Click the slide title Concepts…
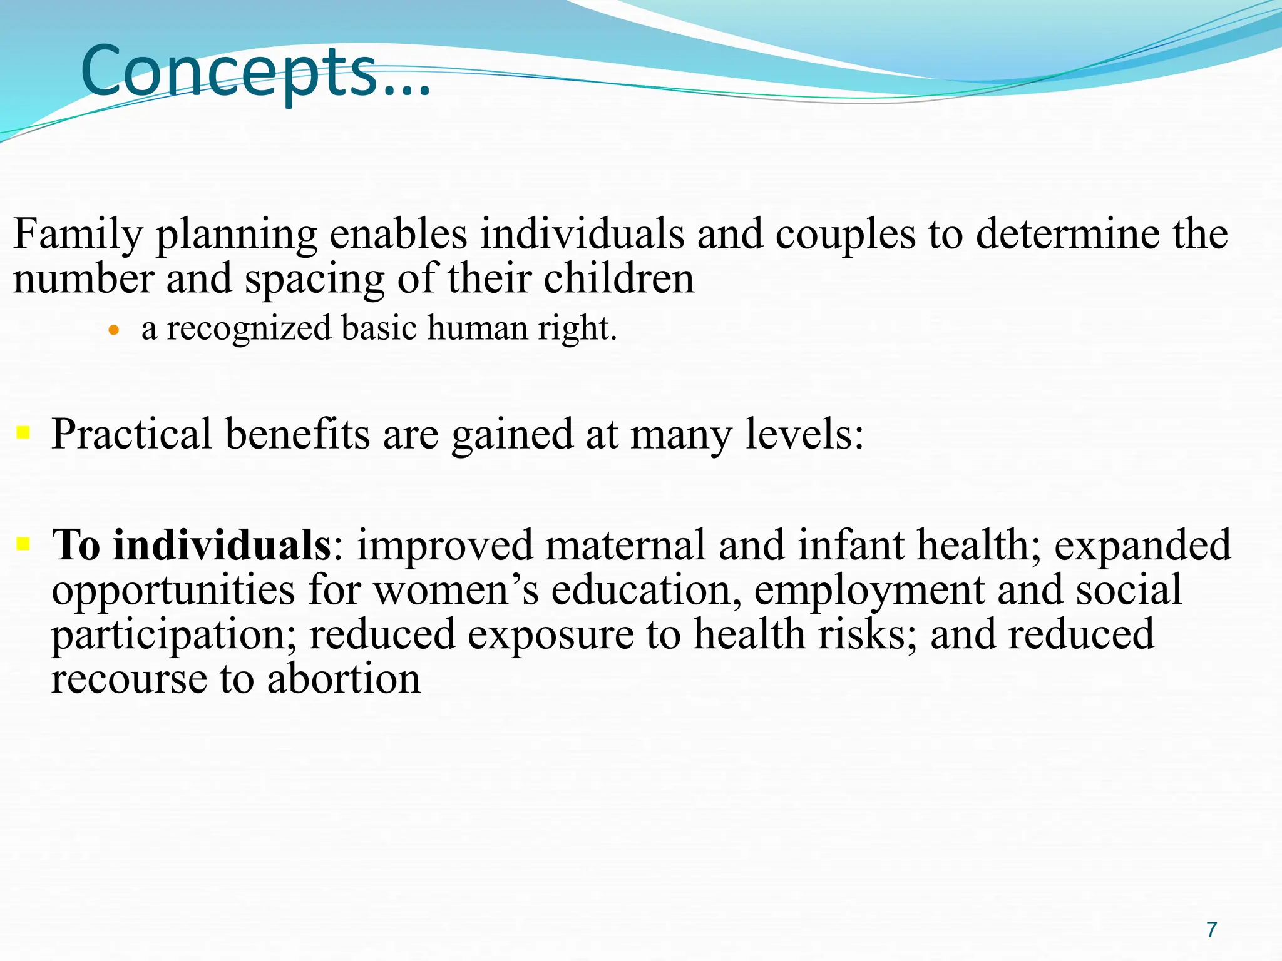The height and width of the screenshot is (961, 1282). tap(255, 71)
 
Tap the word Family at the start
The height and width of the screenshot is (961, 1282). tap(78, 235)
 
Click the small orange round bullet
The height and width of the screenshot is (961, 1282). tap(113, 330)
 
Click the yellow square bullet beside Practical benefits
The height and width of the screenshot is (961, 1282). tap(23, 432)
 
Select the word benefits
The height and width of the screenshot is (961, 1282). tap(297, 434)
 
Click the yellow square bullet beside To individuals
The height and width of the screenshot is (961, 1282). tap(23, 543)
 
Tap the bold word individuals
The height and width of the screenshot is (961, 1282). tap(222, 545)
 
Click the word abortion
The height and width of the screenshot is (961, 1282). tap(344, 679)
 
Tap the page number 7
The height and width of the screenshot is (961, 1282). tap(1212, 930)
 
